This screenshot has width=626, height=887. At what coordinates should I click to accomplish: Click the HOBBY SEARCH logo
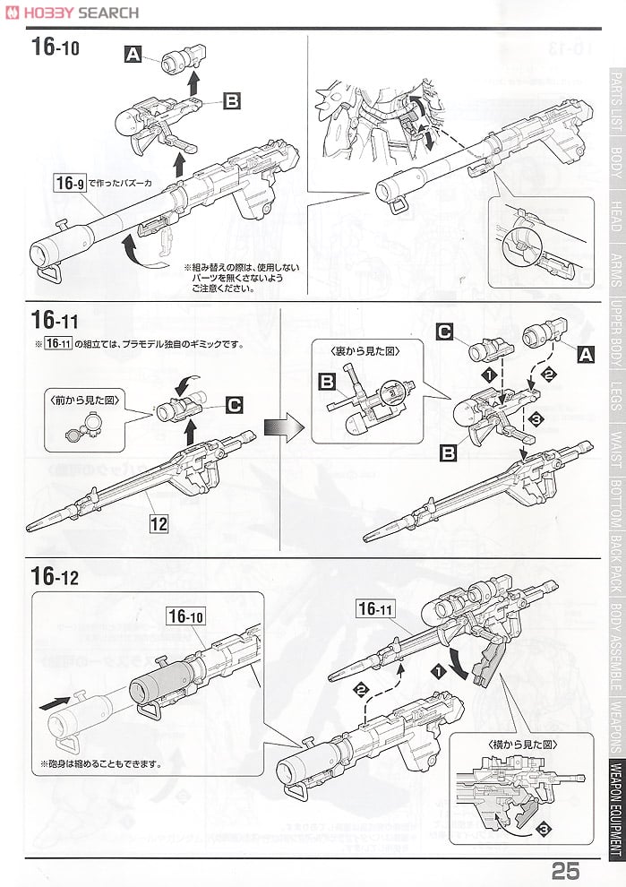tap(72, 13)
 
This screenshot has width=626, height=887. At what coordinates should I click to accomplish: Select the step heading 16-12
tap(55, 575)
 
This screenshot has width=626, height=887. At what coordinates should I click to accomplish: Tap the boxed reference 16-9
tap(68, 185)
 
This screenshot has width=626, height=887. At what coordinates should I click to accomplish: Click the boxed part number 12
tap(159, 525)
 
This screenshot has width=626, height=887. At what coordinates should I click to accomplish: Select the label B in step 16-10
tap(232, 102)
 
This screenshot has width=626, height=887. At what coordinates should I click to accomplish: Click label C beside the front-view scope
tap(234, 406)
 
